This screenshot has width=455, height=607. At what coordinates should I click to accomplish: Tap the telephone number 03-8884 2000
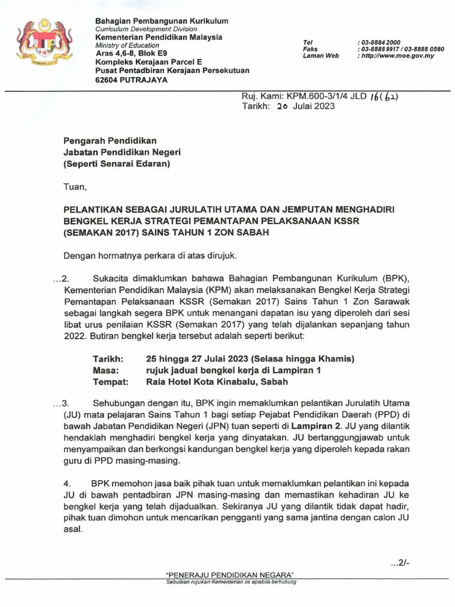point(379,42)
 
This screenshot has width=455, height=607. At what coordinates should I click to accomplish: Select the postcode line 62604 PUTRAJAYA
point(132,79)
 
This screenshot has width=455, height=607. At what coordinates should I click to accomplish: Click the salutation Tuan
point(75,188)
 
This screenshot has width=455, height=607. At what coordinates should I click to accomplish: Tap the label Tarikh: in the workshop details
point(108,359)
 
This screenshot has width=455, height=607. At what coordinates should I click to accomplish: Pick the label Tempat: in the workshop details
point(111,382)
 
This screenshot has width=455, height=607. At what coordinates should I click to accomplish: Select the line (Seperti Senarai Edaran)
point(117,164)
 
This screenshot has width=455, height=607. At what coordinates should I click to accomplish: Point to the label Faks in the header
point(310,49)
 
